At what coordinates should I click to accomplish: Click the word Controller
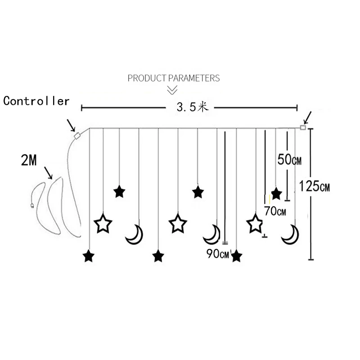pos(36,101)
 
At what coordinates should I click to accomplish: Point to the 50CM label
pos(289,159)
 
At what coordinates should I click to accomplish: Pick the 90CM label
pos(218,254)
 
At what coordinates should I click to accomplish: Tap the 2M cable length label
pos(29,161)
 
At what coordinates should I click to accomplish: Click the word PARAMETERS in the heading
pos(194,78)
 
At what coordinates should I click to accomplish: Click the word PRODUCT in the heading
pos(147,78)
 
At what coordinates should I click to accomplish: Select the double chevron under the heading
pos(172,90)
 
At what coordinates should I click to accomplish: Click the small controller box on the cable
pos(77,135)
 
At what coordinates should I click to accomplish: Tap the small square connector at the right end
pos(303,128)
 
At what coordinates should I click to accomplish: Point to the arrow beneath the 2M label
pos(48,172)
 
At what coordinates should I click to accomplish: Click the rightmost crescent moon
pos(290,234)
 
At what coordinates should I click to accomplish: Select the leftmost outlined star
pos(103,223)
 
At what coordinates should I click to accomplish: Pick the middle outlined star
pos(178,223)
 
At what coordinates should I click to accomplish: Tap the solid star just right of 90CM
pos(236,256)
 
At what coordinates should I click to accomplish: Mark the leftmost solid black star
pos(89,256)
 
